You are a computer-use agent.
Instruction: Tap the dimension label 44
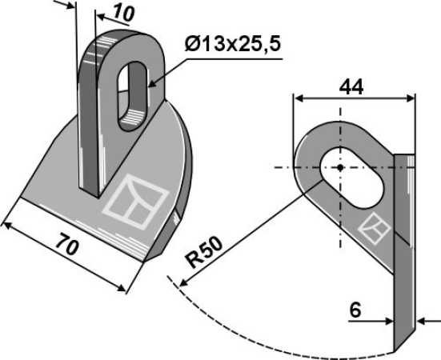pos(351,87)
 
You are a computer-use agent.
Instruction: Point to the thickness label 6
pos(355,310)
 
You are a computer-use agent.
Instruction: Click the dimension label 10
pos(123,14)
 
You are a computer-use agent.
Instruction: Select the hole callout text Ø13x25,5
pos(233,45)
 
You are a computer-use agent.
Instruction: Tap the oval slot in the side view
pos(352,177)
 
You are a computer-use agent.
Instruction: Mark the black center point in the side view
pos(340,168)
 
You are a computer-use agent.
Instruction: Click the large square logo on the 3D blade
pos(135,202)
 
